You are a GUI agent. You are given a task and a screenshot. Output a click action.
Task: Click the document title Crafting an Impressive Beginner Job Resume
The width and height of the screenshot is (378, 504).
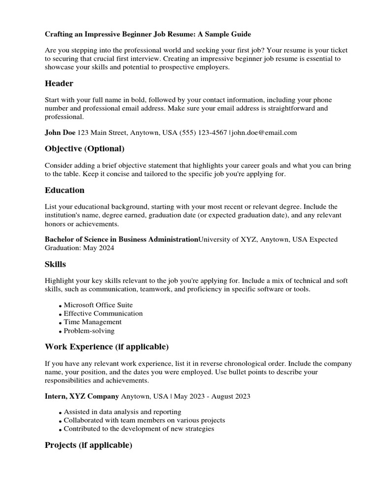148,34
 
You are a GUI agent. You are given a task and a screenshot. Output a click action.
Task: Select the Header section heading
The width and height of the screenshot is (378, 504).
59,84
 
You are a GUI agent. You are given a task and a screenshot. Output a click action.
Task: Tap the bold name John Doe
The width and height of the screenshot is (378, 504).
60,132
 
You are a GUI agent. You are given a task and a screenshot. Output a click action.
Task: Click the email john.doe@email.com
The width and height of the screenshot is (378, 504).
264,132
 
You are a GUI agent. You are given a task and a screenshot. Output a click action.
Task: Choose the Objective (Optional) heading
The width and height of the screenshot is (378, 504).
85,149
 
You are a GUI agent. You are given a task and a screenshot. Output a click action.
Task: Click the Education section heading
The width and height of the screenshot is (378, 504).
64,190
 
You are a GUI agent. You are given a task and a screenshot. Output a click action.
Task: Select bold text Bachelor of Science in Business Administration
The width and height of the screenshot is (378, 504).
121,239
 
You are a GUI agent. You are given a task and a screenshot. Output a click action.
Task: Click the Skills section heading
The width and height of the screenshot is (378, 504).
55,264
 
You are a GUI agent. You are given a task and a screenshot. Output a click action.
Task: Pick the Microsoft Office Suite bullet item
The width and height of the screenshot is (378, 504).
98,305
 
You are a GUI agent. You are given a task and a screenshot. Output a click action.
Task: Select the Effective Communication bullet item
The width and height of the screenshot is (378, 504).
103,314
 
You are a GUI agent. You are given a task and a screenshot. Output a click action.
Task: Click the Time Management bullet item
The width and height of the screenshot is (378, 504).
93,322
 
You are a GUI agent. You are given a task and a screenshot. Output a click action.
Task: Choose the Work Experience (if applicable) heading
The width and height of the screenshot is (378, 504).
107,347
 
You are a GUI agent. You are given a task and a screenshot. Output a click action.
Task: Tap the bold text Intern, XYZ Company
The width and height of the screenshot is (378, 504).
82,396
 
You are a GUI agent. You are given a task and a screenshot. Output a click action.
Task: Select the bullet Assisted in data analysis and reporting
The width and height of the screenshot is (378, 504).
123,411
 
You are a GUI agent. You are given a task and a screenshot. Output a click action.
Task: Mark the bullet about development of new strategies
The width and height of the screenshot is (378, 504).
139,429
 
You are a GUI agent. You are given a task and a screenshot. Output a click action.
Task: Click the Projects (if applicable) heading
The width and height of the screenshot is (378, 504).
89,445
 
